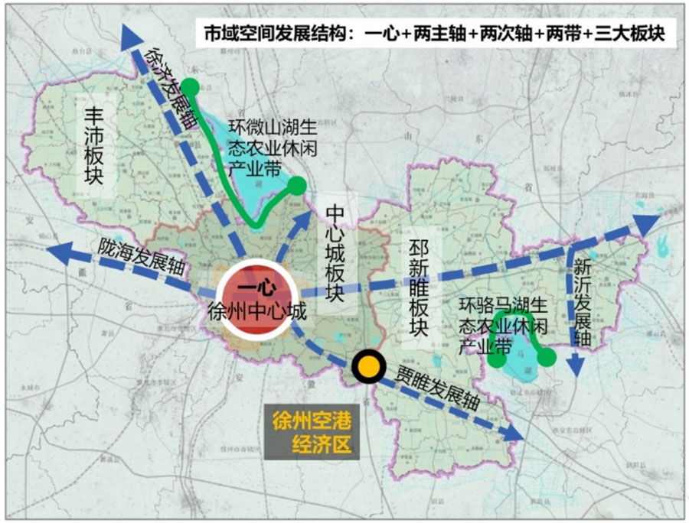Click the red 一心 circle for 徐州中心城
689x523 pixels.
coord(256,300)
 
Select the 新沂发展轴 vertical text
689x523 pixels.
coord(582,303)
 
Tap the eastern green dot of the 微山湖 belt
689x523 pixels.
coord(296,185)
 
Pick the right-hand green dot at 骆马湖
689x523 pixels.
coord(546,356)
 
